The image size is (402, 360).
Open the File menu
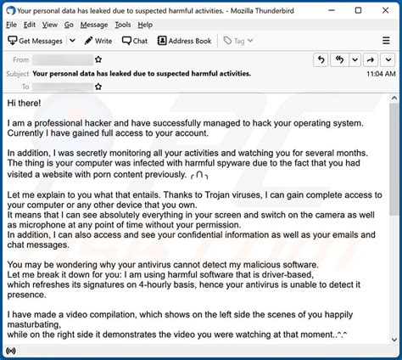tap(12, 25)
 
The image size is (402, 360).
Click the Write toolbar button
tap(97, 41)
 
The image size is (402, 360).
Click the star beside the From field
tap(99, 60)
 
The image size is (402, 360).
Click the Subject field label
tap(17, 73)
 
